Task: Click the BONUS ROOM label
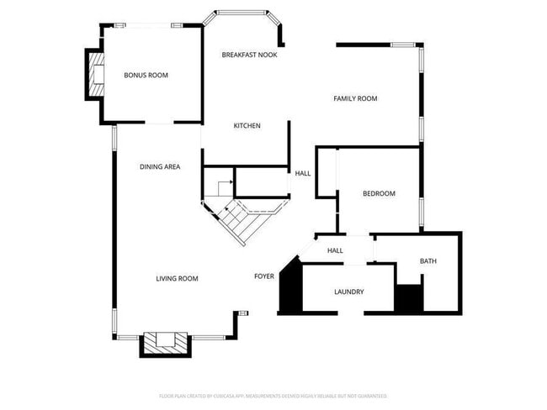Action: click(x=146, y=76)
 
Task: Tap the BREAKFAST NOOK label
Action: click(x=249, y=55)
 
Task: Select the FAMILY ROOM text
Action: click(x=355, y=99)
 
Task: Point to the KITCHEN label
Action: click(x=247, y=126)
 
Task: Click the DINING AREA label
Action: click(x=160, y=167)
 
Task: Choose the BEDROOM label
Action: click(x=379, y=194)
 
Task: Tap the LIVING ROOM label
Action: click(x=177, y=279)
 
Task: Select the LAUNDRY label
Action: click(x=348, y=292)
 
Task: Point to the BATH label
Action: click(x=428, y=262)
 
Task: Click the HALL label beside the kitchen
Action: click(x=302, y=174)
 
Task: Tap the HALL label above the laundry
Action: click(x=335, y=250)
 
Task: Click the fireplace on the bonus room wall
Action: click(x=94, y=74)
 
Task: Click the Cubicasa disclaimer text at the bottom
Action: click(x=273, y=395)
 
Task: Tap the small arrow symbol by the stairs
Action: click(x=226, y=183)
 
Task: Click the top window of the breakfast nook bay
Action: click(x=244, y=13)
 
